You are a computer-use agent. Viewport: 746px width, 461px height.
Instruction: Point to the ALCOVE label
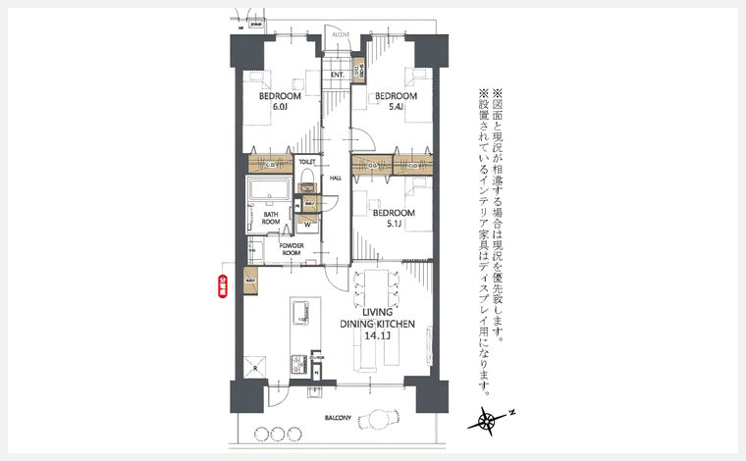[x=342, y=34]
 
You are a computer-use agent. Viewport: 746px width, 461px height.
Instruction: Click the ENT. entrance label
[x=337, y=75]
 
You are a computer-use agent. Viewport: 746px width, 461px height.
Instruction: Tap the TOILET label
[x=306, y=160]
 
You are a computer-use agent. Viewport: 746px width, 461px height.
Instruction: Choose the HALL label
[x=336, y=178]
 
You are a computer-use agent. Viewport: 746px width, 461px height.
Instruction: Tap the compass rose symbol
[x=487, y=422]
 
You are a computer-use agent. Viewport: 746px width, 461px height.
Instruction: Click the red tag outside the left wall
[x=223, y=284]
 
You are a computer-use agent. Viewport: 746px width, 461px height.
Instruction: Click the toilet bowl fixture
[x=307, y=180]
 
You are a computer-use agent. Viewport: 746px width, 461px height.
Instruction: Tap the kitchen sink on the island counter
[x=300, y=311]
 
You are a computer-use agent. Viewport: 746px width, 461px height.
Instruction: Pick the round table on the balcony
[x=374, y=421]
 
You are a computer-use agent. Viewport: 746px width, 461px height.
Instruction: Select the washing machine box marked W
[x=307, y=223]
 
